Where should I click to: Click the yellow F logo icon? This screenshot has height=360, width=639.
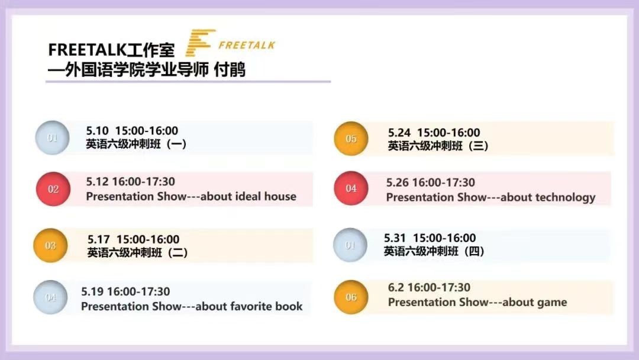[200, 43]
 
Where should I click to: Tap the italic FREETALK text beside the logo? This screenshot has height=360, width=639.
[247, 45]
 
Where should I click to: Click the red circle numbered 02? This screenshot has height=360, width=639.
[53, 189]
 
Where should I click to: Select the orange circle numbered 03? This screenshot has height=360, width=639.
[50, 246]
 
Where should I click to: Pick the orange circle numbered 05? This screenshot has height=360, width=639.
[351, 139]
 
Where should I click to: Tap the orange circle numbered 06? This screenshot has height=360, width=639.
[351, 297]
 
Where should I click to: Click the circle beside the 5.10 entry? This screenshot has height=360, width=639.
[52, 138]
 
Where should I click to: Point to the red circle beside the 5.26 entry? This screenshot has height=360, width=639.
[351, 188]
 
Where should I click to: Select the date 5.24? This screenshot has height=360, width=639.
[399, 133]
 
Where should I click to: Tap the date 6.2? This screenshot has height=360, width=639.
[396, 287]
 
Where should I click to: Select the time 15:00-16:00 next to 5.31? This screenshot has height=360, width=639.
[444, 238]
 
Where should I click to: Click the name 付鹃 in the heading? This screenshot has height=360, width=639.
[230, 70]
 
